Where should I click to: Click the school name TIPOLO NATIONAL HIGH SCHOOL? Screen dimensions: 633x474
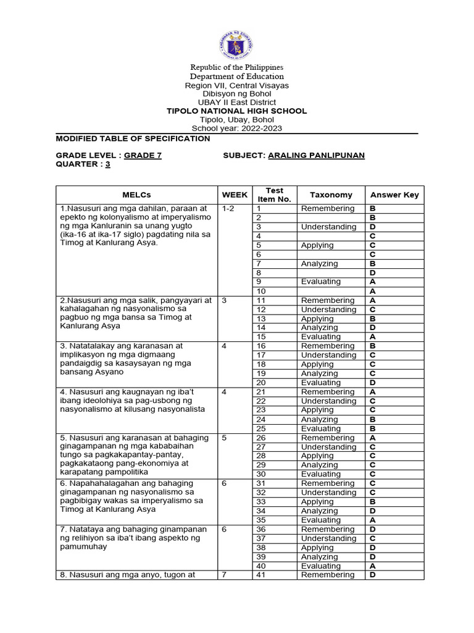[x=237, y=111]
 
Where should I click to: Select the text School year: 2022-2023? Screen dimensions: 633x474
[x=237, y=129]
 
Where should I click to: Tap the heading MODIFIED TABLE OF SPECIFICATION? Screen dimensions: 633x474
[x=133, y=138]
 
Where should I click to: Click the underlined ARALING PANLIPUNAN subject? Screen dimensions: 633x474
[x=316, y=155]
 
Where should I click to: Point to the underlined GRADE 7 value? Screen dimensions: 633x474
[x=143, y=155]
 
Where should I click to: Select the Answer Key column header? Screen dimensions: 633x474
[x=394, y=195]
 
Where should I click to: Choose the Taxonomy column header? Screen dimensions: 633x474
[x=331, y=195]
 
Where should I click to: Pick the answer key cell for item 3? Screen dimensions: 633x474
[x=373, y=227]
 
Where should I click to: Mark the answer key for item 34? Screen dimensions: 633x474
[x=373, y=511]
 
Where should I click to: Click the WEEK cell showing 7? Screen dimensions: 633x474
[x=224, y=575]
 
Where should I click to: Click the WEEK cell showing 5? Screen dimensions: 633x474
[x=224, y=438]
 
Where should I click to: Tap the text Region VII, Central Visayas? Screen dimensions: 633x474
[x=237, y=85]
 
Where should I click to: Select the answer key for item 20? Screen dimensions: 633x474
[x=373, y=383]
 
